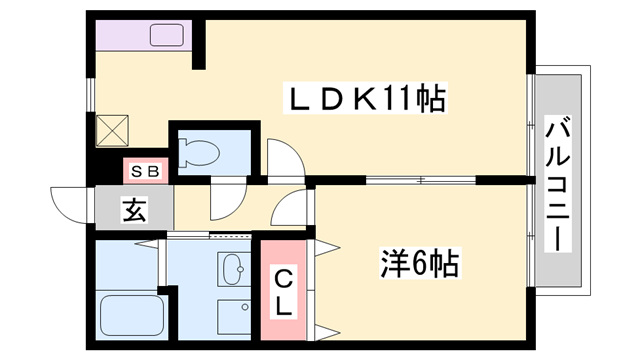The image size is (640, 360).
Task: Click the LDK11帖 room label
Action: point(365,101)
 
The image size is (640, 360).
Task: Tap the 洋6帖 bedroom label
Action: point(419,264)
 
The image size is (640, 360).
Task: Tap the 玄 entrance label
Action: point(133,211)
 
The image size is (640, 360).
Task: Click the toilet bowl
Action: point(201,152)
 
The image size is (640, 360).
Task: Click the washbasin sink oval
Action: point(232,268)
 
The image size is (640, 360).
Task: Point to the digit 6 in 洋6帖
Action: point(419,264)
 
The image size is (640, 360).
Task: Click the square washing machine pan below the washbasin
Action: point(232,318)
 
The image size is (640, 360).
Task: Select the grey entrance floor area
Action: point(135,210)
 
